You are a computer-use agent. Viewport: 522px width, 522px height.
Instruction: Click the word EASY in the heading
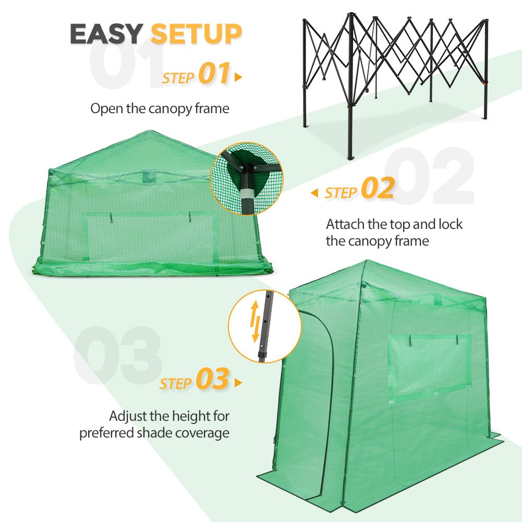[x=106, y=34]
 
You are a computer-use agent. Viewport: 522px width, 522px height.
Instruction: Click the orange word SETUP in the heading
[x=196, y=34]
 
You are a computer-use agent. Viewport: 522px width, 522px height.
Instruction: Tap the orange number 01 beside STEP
[x=214, y=74]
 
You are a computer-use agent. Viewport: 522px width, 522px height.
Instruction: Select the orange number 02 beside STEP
[x=378, y=189]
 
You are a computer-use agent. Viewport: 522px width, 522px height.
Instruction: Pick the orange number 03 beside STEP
[x=212, y=380]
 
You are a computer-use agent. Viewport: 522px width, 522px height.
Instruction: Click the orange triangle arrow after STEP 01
[x=238, y=78]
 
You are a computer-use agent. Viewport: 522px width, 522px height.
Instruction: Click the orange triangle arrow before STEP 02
[x=314, y=193]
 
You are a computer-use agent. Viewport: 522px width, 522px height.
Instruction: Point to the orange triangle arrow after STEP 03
[x=238, y=383]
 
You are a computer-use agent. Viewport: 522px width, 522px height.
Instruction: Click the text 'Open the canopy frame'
[x=160, y=108]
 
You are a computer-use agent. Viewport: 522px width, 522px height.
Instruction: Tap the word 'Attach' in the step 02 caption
[x=343, y=224]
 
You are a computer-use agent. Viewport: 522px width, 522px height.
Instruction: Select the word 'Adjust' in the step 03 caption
[x=127, y=416]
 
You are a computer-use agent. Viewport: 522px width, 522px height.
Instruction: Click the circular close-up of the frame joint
[x=246, y=178]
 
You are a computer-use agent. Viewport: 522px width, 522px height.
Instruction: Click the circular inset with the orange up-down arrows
[x=265, y=326]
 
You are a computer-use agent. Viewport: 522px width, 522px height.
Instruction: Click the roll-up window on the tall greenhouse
[x=430, y=367]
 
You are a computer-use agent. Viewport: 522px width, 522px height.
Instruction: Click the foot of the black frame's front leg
[x=350, y=156]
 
